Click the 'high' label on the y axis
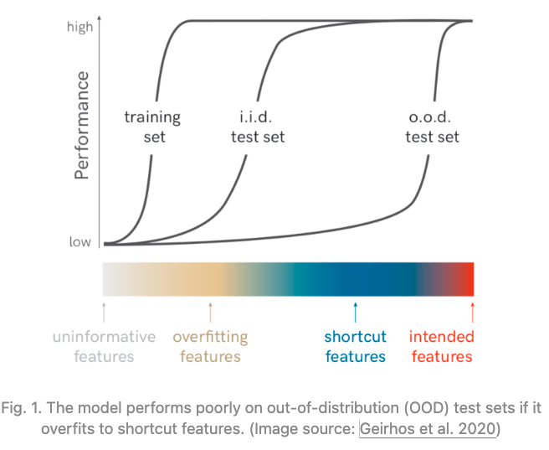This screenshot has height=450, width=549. tap(80, 27)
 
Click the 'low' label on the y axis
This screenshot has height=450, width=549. tap(80, 242)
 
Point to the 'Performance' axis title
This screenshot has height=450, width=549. tap(81, 126)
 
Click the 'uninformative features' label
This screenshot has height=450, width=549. tap(104, 347)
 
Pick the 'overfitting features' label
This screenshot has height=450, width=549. tap(210, 347)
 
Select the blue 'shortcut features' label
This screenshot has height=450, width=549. tap(356, 347)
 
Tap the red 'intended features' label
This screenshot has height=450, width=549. tap(441, 347)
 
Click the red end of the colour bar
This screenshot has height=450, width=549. tap(469, 278)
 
